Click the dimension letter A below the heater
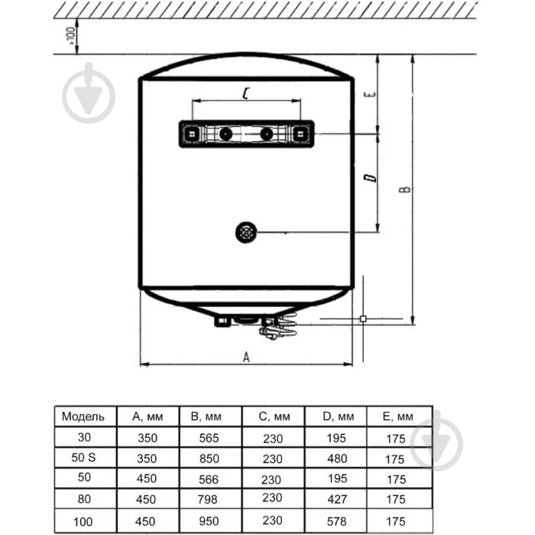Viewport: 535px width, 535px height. point(246,357)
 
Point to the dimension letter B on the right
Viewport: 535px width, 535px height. point(405,190)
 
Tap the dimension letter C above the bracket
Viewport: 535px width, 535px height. point(246,93)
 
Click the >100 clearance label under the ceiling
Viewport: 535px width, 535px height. point(70,36)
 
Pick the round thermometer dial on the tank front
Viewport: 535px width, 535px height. point(246,232)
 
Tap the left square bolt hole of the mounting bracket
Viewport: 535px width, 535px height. point(193,134)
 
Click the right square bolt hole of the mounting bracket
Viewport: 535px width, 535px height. point(300,134)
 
